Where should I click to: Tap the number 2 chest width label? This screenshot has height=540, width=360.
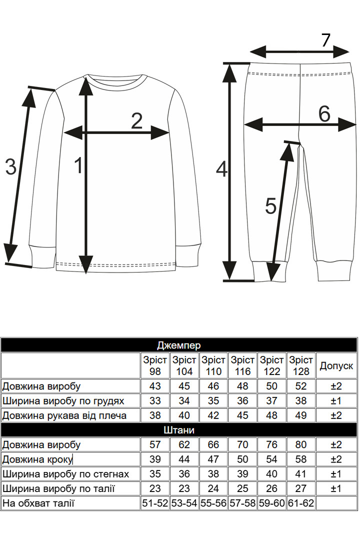pos(137,121)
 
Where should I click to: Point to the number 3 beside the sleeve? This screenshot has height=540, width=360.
pos(10,166)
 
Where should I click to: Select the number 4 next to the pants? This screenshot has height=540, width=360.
pos(222,169)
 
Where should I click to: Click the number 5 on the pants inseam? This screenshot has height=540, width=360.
pos(271,206)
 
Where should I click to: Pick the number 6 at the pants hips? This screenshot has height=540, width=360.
pos(324,113)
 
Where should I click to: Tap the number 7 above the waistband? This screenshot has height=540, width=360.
pos(325,40)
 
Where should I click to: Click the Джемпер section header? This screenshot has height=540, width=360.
pos(179,345)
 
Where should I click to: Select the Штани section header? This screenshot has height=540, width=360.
pos(179,430)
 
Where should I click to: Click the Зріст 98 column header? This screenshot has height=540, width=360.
pos(155,365)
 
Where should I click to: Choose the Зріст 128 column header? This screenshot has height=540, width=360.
pos(301,365)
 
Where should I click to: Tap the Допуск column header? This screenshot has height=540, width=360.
pos(336,365)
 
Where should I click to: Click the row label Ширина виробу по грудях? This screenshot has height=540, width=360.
pos(63,401)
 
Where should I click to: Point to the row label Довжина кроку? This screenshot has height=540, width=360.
pos(37,459)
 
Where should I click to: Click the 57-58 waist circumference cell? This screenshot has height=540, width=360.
pos(242,503)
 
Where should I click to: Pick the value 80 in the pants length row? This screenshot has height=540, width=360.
pos(301,444)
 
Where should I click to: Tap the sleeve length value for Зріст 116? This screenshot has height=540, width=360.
pos(242,415)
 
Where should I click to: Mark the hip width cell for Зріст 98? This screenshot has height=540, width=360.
pos(155,474)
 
